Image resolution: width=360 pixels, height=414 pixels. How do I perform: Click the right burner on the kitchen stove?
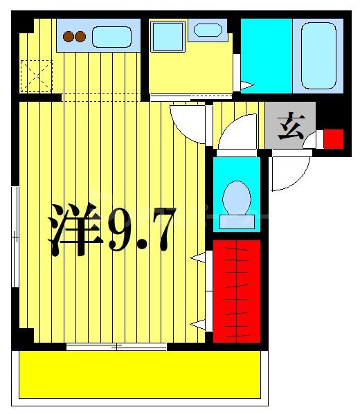[x=80, y=36]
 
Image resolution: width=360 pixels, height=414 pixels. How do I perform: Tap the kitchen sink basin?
[x=111, y=36]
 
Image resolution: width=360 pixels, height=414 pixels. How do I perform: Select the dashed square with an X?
[x=36, y=75]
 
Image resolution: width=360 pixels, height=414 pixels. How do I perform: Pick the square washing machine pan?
[x=167, y=36]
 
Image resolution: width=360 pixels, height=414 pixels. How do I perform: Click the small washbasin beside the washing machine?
[x=208, y=30]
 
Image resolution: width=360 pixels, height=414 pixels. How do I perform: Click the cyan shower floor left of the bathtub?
[x=266, y=54]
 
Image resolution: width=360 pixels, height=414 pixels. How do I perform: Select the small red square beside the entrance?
[x=334, y=138]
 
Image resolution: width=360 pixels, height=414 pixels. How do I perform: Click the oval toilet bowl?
[x=237, y=196]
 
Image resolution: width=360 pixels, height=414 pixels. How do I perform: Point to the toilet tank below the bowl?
[x=237, y=222]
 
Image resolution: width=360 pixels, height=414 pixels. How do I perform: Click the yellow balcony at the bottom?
[x=138, y=374]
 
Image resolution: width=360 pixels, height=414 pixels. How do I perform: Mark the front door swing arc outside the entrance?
[x=291, y=173]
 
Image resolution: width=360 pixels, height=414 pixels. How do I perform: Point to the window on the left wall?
[x=14, y=235]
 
